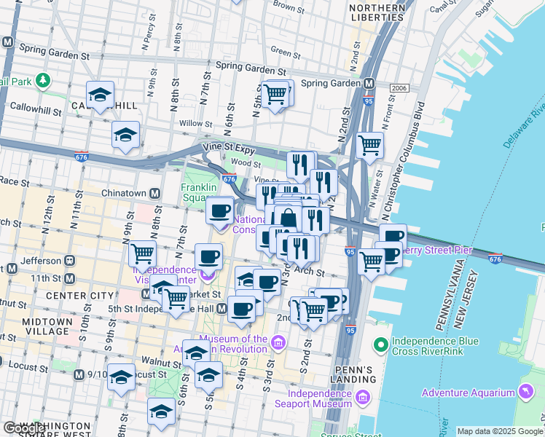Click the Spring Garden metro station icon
coord(369,83)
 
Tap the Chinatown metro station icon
coord(155,193)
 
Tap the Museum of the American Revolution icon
coord(278,342)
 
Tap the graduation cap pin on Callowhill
coord(100,95)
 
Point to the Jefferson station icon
coord(70,260)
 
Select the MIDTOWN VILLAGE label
coord(36,326)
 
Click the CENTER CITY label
coord(79,296)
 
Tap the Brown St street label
coord(288,8)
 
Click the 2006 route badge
coord(399,88)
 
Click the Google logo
coord(25,428)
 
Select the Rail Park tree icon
coord(44,79)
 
